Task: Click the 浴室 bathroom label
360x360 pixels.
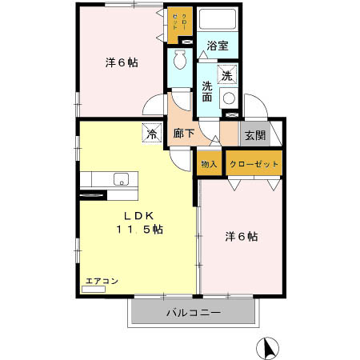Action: pos(217,46)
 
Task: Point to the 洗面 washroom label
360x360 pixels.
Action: pos(207,92)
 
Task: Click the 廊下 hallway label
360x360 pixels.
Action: pos(183,134)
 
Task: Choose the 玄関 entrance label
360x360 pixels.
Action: pos(254,134)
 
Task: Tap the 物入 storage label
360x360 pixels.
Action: pos(209,163)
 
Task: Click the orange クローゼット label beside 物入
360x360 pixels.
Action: pos(254,163)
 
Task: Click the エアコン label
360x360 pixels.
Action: pos(102,281)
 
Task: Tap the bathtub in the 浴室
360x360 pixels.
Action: pos(217,20)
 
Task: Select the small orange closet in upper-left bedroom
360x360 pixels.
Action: pos(177,25)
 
